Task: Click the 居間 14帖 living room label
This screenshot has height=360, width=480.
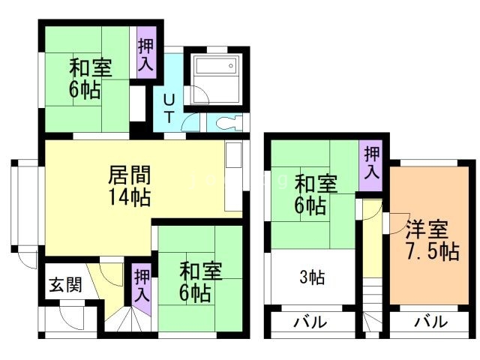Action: tap(130, 186)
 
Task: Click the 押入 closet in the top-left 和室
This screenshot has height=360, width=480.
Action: tap(145, 54)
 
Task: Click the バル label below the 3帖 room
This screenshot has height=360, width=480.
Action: tap(310, 323)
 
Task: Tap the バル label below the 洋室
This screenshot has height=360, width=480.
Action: tap(431, 323)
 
